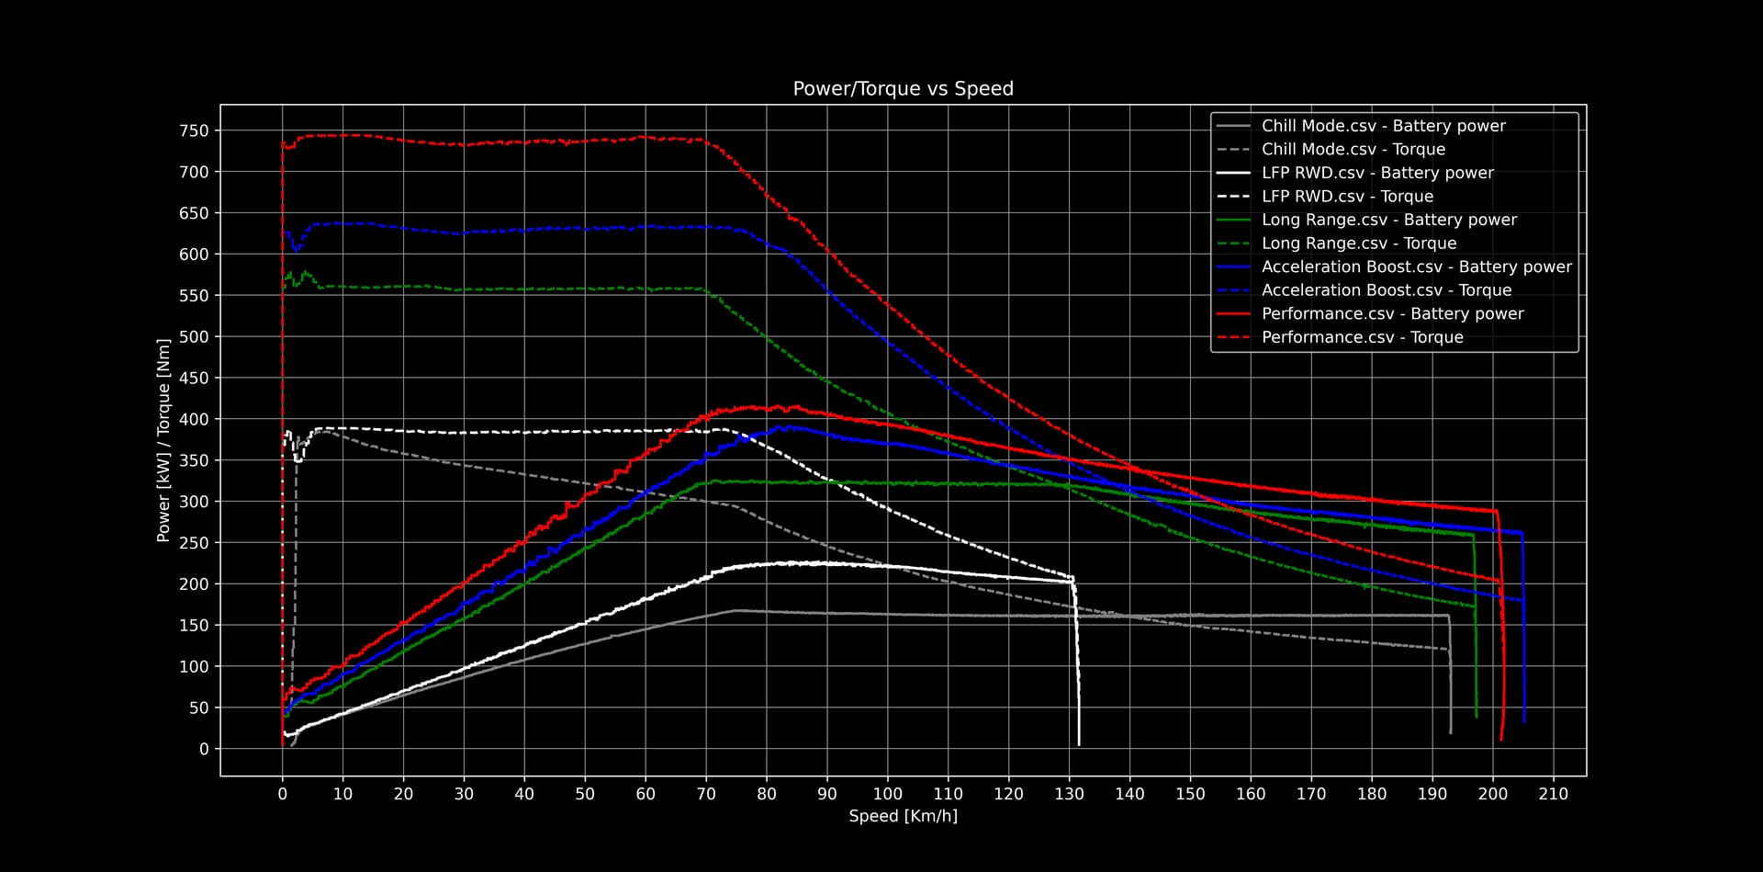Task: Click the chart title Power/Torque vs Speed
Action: click(x=903, y=89)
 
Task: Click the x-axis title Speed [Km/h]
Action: click(x=903, y=816)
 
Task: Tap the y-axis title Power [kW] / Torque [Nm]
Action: click(x=163, y=441)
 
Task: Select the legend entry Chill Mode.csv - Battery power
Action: click(x=1383, y=126)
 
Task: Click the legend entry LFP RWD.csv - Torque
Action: click(x=1346, y=197)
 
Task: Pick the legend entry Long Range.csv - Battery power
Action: click(x=1388, y=220)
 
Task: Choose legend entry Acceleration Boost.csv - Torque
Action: click(x=1386, y=290)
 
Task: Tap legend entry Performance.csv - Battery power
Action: click(x=1392, y=314)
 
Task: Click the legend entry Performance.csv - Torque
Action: click(x=1362, y=337)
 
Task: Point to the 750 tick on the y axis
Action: click(x=194, y=131)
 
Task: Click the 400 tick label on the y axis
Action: click(x=194, y=420)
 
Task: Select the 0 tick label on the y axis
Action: click(x=204, y=749)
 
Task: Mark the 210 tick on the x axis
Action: click(x=1554, y=794)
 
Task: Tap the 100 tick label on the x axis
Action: click(x=887, y=794)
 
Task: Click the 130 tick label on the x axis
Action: click(x=1069, y=794)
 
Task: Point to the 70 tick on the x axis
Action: click(x=706, y=794)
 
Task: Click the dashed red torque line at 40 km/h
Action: click(x=524, y=142)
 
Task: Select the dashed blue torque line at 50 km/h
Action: click(x=585, y=229)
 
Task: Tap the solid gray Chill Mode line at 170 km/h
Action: click(x=1311, y=616)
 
